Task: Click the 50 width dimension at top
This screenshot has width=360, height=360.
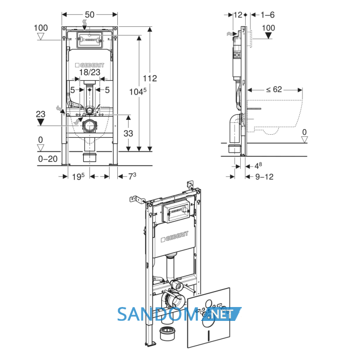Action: tap(89, 15)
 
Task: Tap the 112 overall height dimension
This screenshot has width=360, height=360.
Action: tap(150, 78)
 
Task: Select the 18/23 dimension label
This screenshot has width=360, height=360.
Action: tap(89, 73)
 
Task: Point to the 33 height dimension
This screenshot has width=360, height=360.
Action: tap(128, 133)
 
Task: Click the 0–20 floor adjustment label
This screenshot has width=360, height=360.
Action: tap(48, 159)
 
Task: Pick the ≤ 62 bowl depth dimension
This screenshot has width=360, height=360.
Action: tap(274, 89)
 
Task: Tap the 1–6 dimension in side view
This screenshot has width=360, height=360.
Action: tap(267, 15)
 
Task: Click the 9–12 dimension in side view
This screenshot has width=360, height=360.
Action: tap(264, 177)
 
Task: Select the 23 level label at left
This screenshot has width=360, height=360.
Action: tap(41, 114)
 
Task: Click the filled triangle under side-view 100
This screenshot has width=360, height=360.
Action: tap(268, 35)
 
